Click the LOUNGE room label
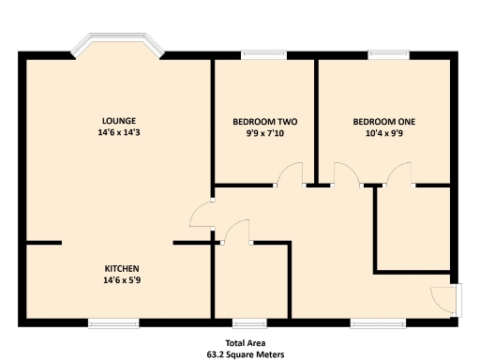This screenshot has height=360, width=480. click(x=119, y=120)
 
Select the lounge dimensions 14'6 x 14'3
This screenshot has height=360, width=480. click(x=119, y=134)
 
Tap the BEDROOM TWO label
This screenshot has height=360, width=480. click(x=264, y=122)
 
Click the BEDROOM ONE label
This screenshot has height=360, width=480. click(x=383, y=122)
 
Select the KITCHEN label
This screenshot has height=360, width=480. click(x=122, y=266)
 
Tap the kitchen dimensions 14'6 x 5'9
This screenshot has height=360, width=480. click(x=122, y=279)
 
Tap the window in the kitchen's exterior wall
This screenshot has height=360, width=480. click(x=114, y=323)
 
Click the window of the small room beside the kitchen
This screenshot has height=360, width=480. click(x=246, y=323)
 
